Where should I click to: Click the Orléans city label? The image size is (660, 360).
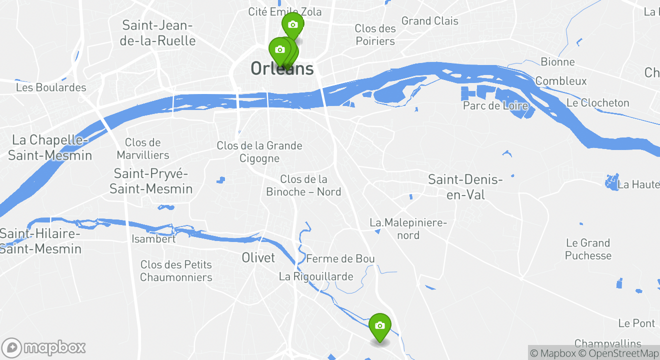tap(282, 68)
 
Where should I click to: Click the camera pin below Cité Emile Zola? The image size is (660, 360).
tap(292, 25)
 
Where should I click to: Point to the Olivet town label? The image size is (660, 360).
tap(258, 257)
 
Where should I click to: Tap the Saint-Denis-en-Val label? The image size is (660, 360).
tap(465, 187)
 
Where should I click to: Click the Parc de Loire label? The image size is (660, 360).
tap(495, 105)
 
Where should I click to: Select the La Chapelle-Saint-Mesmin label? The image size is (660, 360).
tap(50, 147)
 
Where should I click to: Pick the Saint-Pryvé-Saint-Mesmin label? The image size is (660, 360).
tap(151, 181)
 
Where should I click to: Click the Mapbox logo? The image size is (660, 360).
tap(44, 347)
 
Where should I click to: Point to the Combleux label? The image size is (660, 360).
tap(561, 81)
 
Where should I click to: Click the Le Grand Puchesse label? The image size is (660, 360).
tap(588, 249)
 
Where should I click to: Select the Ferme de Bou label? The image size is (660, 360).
tap(340, 258)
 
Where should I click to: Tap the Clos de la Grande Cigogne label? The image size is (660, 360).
tap(259, 152)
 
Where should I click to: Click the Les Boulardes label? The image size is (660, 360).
tap(51, 87)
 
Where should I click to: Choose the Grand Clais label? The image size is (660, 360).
tap(430, 21)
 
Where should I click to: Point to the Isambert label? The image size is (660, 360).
tap(153, 239)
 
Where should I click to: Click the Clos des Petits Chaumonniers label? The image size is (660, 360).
tap(176, 270)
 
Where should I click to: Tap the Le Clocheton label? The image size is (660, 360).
tap(598, 102)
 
